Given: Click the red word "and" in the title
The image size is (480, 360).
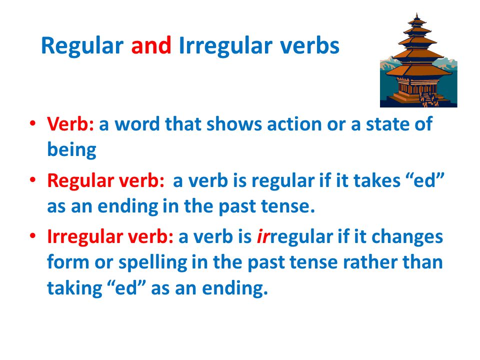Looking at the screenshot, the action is point(151,46).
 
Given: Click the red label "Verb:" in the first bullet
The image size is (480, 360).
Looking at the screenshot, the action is point(70,124).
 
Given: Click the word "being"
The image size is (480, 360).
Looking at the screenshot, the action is point(71,150).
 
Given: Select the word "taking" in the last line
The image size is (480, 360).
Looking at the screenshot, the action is point(74,289).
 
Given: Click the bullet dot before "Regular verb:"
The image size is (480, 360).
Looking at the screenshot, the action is point(32,179).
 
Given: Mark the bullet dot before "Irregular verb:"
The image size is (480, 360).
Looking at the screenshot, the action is point(32,235).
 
